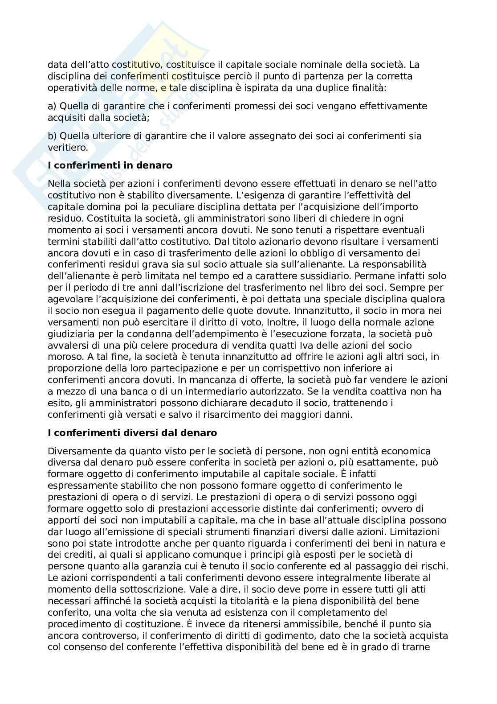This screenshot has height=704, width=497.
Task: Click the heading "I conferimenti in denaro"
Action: click(x=110, y=165)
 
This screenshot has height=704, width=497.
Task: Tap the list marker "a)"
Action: click(x=52, y=106)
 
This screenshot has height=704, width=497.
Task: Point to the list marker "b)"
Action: click(x=52, y=136)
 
